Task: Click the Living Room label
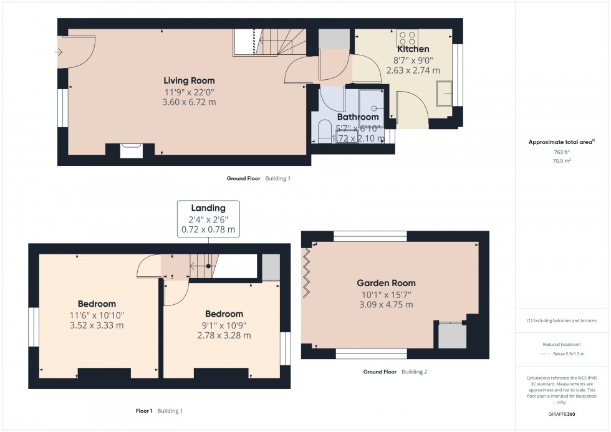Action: pos(189,80)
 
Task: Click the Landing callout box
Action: pos(208,218)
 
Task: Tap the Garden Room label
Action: pos(386,283)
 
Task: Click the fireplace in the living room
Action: pos(131,150)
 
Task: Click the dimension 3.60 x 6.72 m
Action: pos(190,102)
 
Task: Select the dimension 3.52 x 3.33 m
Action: pos(97,325)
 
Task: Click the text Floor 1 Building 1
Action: pos(159,411)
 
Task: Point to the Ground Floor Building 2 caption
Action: pos(395,372)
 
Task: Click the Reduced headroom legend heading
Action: pos(562,343)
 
